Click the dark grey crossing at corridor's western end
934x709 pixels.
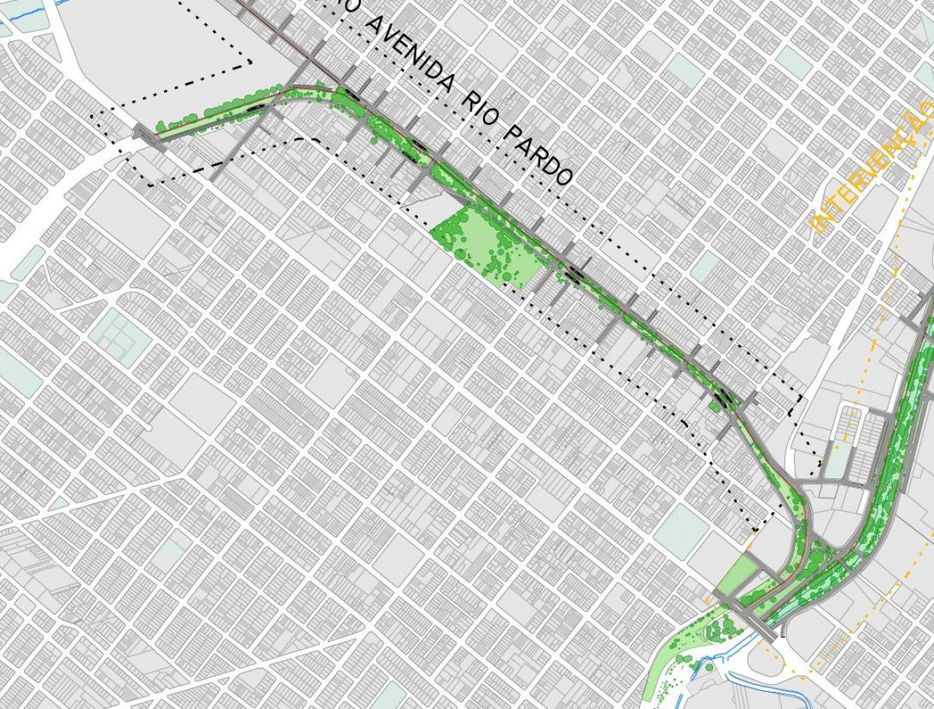[x=144, y=134]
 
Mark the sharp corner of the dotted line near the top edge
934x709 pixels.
[x=250, y=61]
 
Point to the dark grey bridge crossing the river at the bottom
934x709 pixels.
[x=747, y=616]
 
